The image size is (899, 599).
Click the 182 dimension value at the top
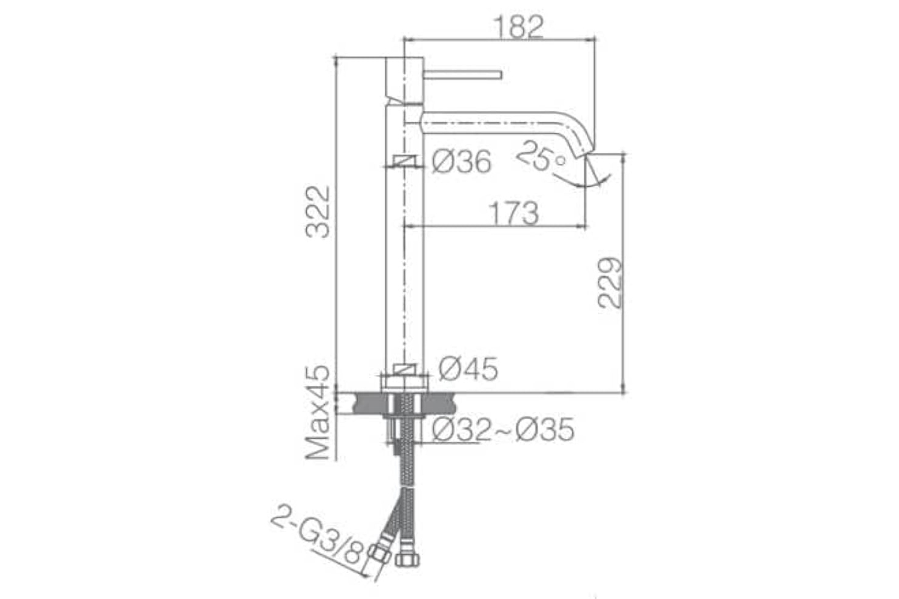click(518, 27)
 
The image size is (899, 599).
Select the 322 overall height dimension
click(318, 212)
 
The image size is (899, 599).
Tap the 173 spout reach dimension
click(513, 213)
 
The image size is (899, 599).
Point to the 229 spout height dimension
click(610, 283)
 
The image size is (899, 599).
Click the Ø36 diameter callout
click(461, 162)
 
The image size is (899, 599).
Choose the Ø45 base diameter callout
click(468, 369)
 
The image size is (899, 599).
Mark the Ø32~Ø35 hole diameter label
click(503, 429)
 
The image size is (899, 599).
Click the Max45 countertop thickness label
click(318, 413)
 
